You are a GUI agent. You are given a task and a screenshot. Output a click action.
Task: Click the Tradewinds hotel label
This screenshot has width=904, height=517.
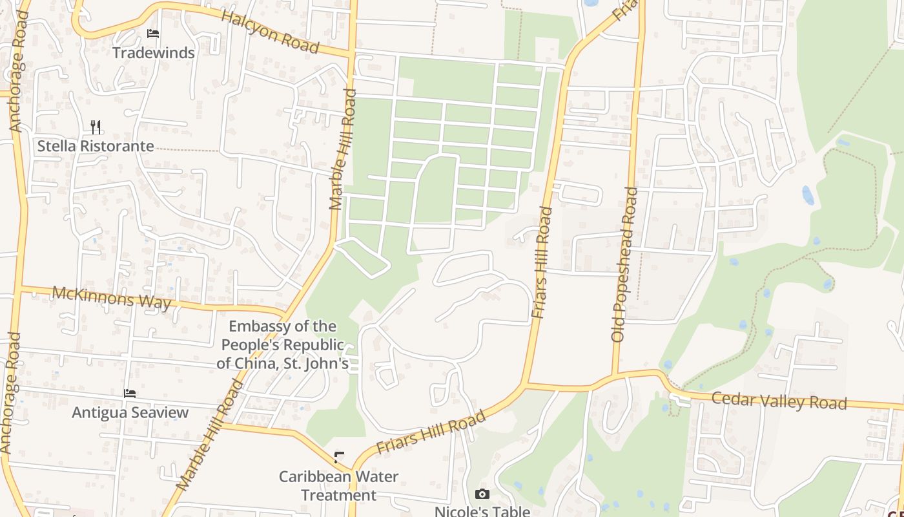pyautogui.click(x=154, y=53)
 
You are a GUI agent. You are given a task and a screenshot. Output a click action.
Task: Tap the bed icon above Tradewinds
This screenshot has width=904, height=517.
pyautogui.click(x=153, y=34)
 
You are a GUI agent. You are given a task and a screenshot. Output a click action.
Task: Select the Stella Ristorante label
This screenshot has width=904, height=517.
pyautogui.click(x=96, y=146)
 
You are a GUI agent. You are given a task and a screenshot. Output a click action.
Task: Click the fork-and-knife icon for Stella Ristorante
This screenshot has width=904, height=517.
pyautogui.click(x=96, y=126)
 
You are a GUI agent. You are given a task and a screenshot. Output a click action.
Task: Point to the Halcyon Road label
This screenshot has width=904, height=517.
pyautogui.click(x=270, y=32)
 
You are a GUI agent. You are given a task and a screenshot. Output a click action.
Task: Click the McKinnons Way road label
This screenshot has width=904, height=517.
pyautogui.click(x=112, y=297)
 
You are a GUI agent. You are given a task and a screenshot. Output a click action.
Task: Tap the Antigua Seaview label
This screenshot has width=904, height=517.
pyautogui.click(x=130, y=412)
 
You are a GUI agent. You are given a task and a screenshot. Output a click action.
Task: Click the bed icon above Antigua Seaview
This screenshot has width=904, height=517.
pyautogui.click(x=130, y=393)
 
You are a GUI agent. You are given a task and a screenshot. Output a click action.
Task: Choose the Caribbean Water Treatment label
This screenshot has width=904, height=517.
pyautogui.click(x=338, y=485)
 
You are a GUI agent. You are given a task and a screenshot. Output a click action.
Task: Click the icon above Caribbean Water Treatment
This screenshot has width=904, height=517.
pyautogui.click(x=339, y=458)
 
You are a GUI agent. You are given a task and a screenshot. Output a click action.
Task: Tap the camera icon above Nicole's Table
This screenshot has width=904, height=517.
pyautogui.click(x=482, y=494)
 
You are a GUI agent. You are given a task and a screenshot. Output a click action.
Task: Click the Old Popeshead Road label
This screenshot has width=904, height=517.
pyautogui.click(x=624, y=265)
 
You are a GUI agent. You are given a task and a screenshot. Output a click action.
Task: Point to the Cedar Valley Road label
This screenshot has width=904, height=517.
pyautogui.click(x=779, y=401)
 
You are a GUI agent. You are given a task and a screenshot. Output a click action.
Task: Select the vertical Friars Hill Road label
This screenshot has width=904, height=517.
pyautogui.click(x=542, y=263)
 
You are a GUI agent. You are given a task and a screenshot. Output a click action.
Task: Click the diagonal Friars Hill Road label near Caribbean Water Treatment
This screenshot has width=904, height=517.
pyautogui.click(x=431, y=432)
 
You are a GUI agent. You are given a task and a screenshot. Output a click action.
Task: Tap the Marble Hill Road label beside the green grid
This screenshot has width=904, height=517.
pyautogui.click(x=343, y=150)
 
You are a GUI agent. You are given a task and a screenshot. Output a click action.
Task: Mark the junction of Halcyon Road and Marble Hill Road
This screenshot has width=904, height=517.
pyautogui.click(x=352, y=54)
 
